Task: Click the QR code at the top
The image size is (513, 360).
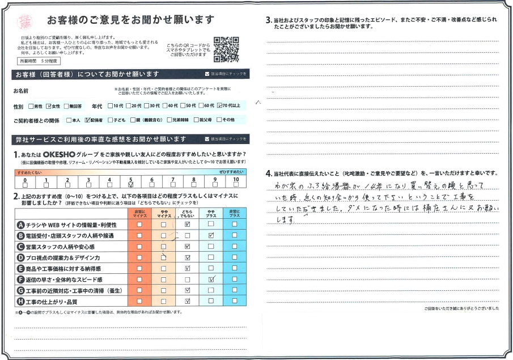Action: (x=227, y=49)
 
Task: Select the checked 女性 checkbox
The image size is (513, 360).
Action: (x=49, y=106)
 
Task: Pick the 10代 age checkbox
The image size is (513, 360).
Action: (x=111, y=106)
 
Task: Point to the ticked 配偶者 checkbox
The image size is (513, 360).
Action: (x=88, y=120)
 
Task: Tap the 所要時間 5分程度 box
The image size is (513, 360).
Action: (x=39, y=60)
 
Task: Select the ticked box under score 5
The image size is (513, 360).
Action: (x=131, y=184)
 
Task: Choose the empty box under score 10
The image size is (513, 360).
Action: (x=236, y=184)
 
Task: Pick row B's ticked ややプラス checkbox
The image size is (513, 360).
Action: (x=211, y=235)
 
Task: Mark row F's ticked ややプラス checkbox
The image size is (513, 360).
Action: (x=211, y=279)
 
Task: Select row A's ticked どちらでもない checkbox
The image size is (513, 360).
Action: (x=186, y=225)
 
